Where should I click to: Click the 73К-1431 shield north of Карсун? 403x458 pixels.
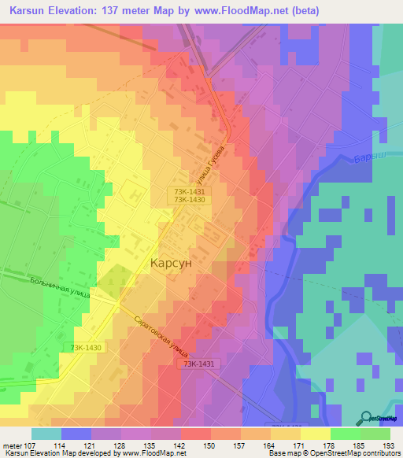click(190, 190)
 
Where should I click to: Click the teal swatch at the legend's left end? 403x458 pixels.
click(46, 434)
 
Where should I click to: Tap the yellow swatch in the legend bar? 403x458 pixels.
click(315, 434)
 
